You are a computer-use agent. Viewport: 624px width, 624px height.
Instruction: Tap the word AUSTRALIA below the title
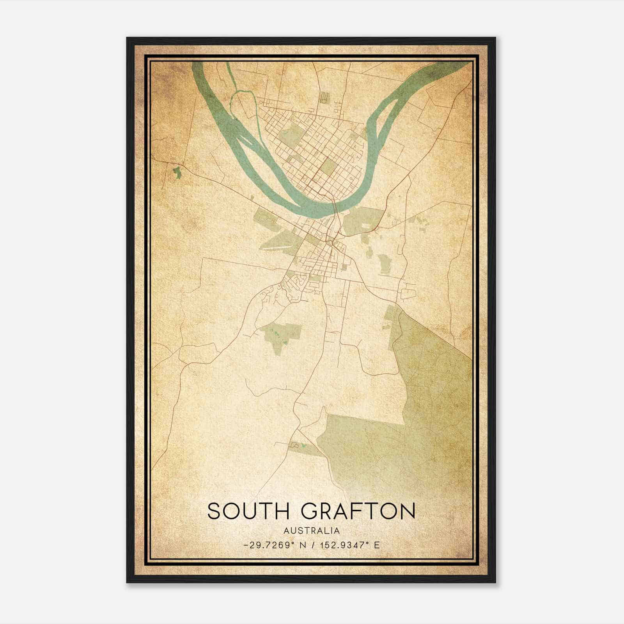pos(312,531)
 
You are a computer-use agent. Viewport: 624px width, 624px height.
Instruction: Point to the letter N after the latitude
pos(301,545)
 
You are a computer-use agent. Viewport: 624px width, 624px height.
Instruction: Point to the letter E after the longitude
pos(377,545)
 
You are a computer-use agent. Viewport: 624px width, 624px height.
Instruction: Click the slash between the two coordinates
pos(312,545)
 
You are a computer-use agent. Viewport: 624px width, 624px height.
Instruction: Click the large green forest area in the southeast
pos(429,390)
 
